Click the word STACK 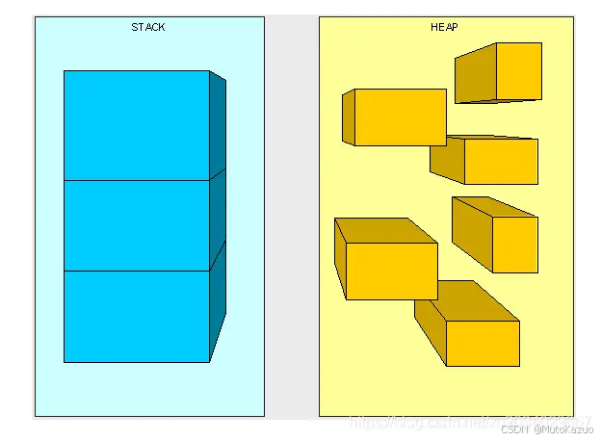point(148,27)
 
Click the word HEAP point(444,27)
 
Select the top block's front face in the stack point(137,125)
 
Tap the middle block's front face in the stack point(137,225)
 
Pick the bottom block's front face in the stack point(137,316)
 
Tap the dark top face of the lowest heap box point(462,300)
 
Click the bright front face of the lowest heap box point(483,343)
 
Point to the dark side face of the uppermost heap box point(475,75)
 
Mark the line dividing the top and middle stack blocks point(137,180)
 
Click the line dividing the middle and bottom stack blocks point(137,271)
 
